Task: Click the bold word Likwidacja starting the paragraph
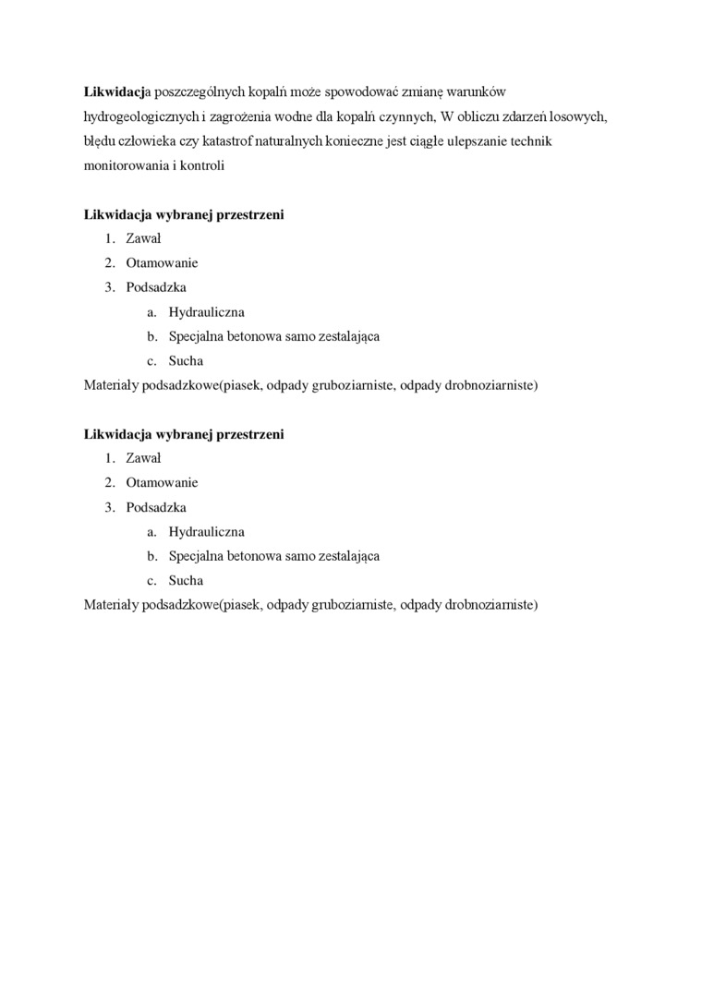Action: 115,93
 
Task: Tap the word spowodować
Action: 375,93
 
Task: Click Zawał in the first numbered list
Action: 143,238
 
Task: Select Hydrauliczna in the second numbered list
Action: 206,532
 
